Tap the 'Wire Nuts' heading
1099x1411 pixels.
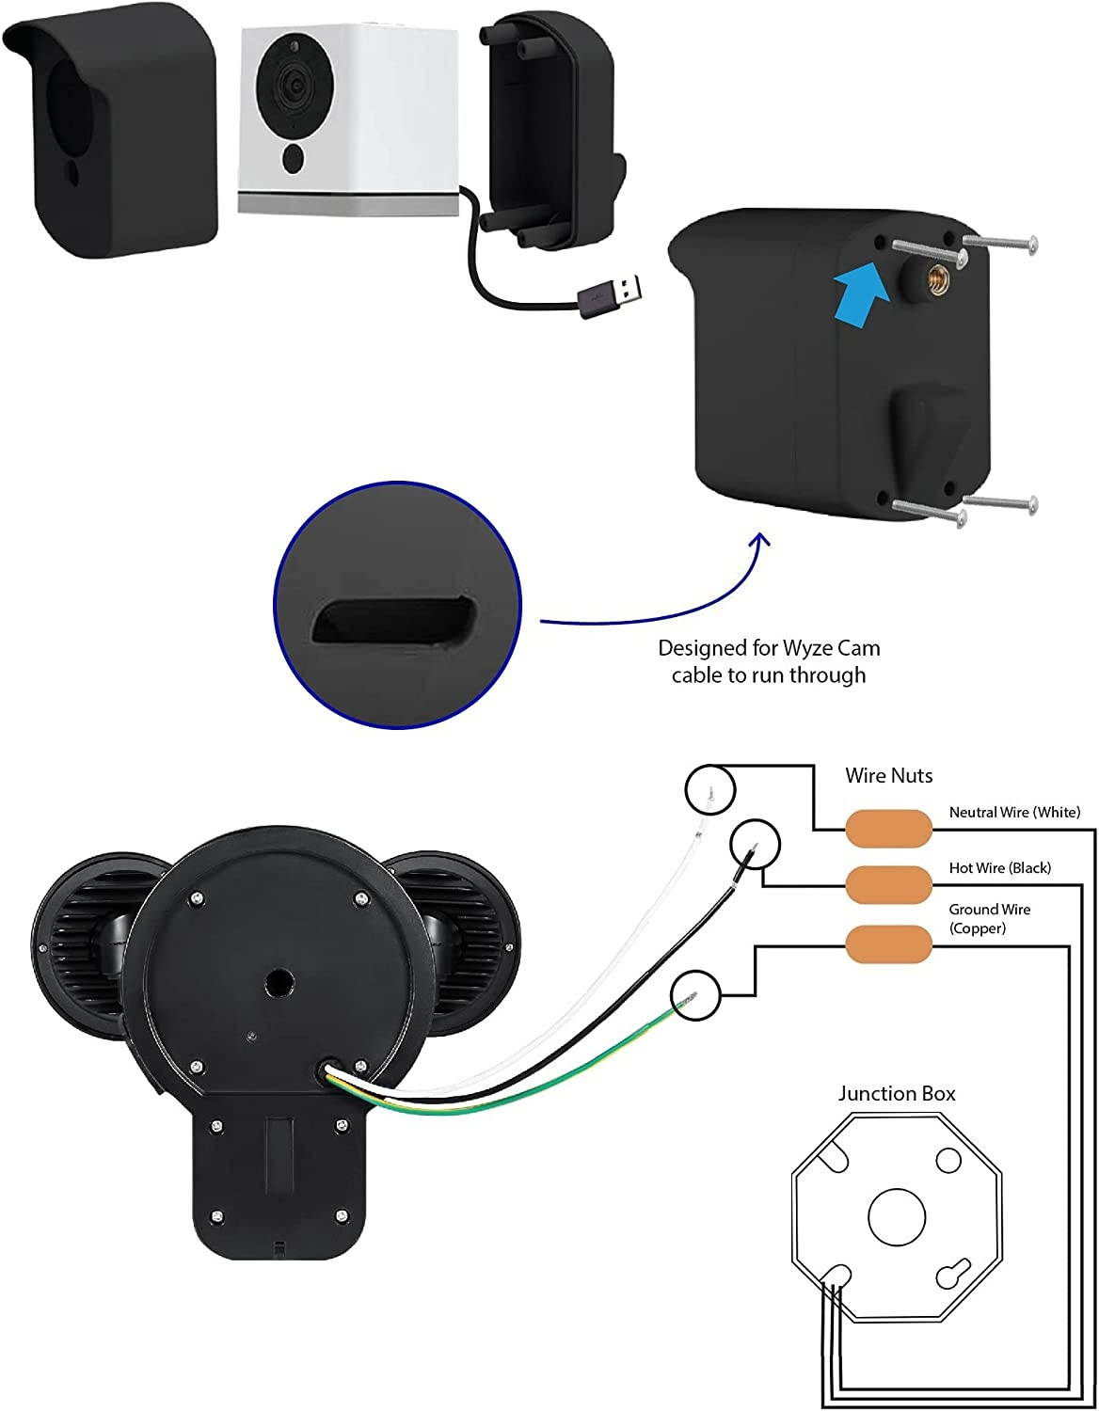coord(888,776)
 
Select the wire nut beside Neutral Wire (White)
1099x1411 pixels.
coord(887,828)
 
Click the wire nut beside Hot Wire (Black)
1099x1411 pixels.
coord(887,884)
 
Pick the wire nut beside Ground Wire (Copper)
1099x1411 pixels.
coord(887,943)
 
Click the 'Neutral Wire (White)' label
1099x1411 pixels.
coord(1014,812)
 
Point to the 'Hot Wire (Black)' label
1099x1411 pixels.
coord(999,868)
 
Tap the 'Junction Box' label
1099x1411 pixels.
coord(897,1093)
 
